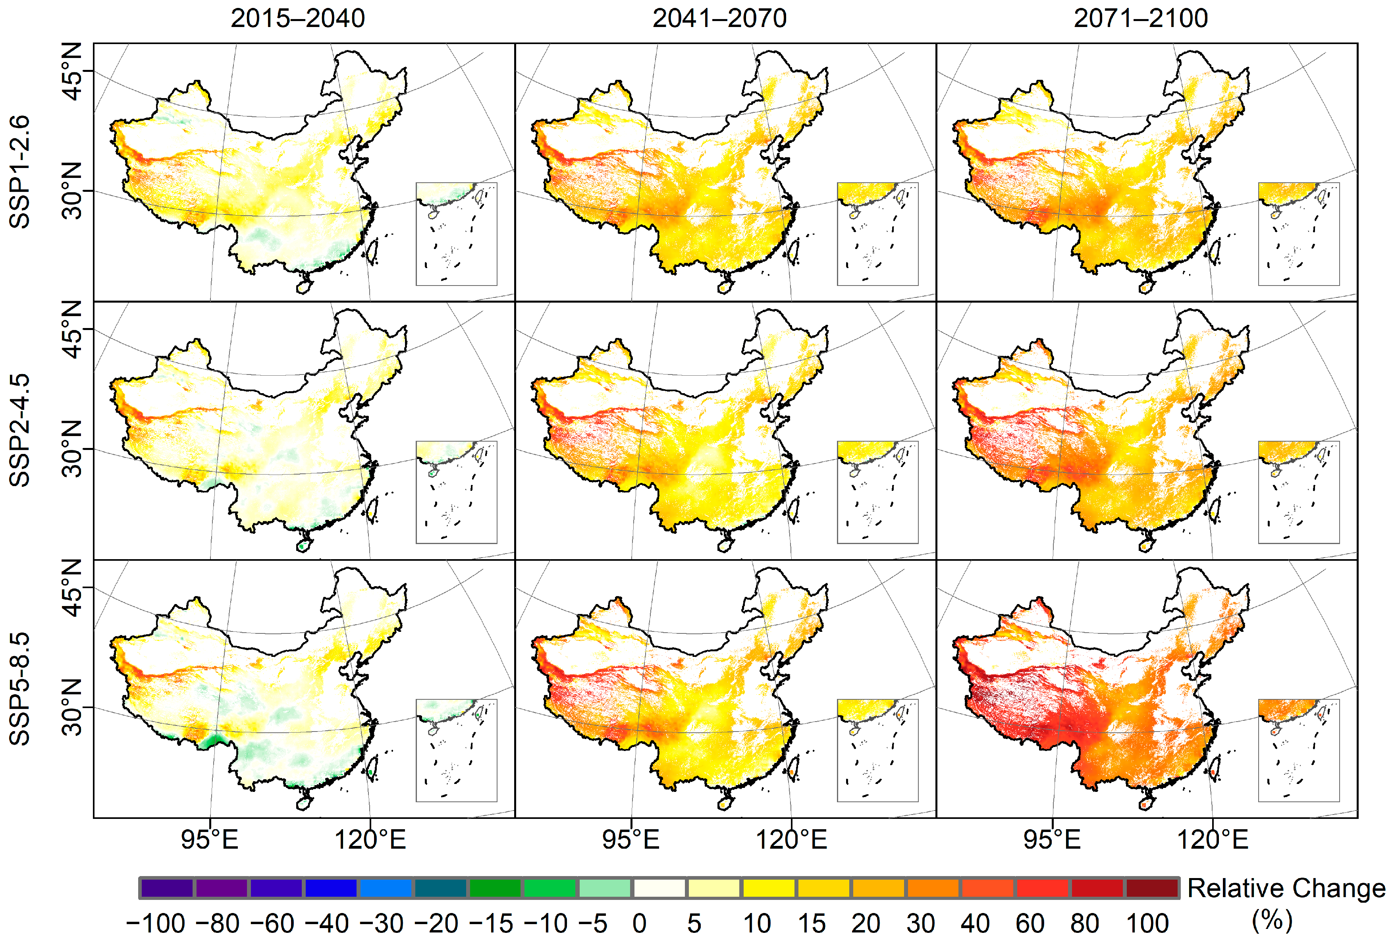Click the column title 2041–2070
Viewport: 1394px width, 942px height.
pyautogui.click(x=719, y=18)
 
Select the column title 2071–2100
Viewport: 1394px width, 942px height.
pyautogui.click(x=1140, y=18)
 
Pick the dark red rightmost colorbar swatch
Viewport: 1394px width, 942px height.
pyautogui.click(x=1152, y=888)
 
